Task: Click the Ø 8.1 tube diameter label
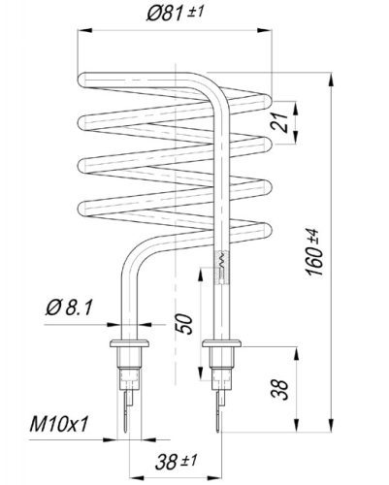(68, 308)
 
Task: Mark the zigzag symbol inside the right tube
(220, 263)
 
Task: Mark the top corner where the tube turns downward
(215, 83)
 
